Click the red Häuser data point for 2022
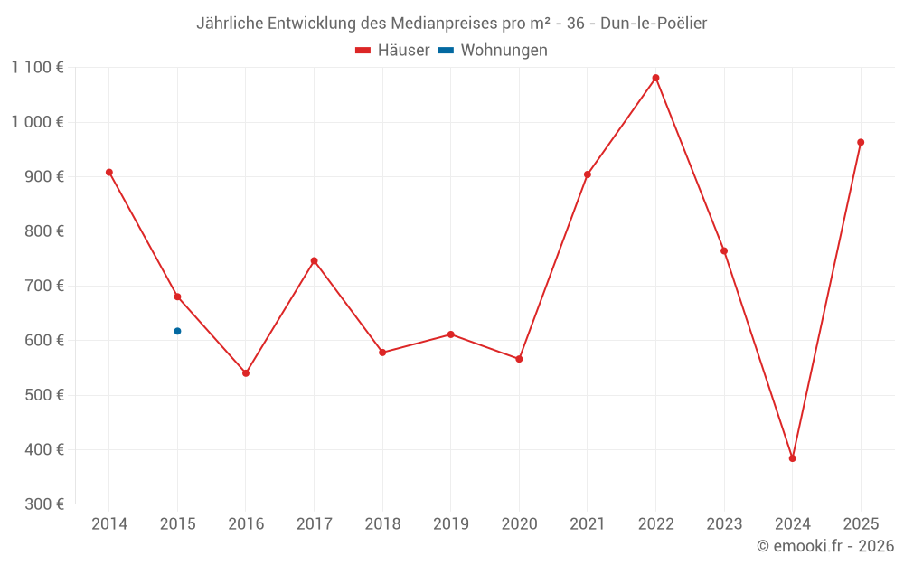[x=655, y=78]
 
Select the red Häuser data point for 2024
[x=792, y=458]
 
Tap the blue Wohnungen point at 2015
[x=177, y=331]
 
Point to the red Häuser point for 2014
[x=109, y=172]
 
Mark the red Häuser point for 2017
[x=314, y=260]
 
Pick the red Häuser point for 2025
[x=861, y=142]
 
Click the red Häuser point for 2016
[x=246, y=372]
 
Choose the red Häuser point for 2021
[x=588, y=174]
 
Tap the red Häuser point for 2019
[x=450, y=334]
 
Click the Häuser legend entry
[x=392, y=51]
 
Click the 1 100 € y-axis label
[x=38, y=67]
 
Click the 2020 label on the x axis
[x=519, y=524]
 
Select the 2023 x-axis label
[x=724, y=524]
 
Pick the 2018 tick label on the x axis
[x=382, y=524]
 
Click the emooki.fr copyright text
[x=824, y=546]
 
